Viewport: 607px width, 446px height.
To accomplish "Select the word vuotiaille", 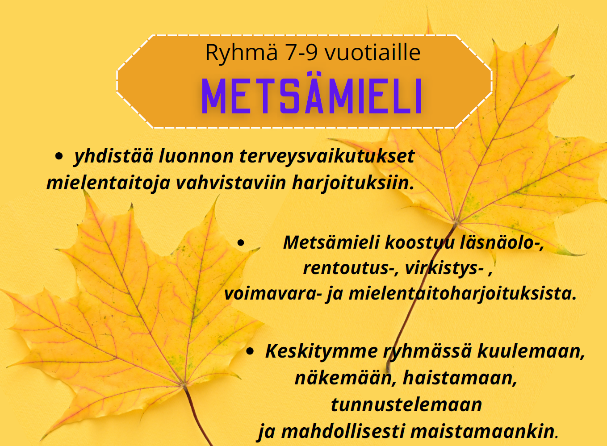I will (372, 53).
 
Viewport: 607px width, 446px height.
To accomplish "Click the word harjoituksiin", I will (353, 183).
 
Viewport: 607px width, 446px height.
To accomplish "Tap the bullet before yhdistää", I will (59, 156).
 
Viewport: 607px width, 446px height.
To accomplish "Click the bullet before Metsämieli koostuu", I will (241, 243).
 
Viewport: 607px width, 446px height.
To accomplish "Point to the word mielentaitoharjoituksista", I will (462, 294).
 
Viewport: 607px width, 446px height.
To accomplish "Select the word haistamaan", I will (460, 378).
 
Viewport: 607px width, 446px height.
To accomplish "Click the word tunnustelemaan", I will (406, 405).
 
